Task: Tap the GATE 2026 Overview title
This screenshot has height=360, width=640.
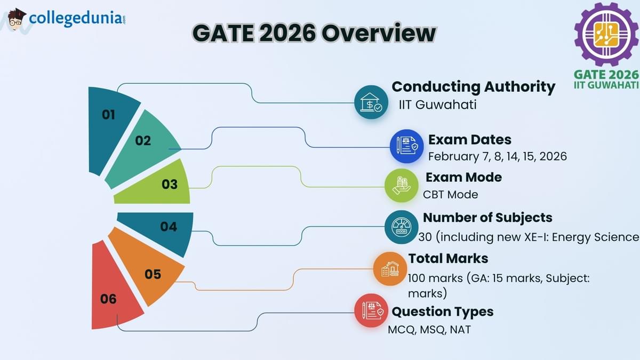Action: pos(314,34)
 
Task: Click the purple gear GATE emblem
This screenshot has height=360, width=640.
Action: pos(606,34)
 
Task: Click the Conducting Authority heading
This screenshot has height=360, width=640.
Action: pos(473,86)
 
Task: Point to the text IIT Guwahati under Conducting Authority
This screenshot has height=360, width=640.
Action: pos(437,105)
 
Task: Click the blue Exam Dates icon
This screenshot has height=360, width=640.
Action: pos(406,146)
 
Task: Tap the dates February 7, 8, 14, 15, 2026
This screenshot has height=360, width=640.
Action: pos(497,156)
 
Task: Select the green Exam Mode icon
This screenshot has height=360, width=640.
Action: pos(401,185)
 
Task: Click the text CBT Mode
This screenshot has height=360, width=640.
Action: pos(450,194)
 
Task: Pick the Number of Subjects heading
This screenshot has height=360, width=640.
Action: pos(487,218)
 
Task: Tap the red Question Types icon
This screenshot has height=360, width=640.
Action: pos(371,310)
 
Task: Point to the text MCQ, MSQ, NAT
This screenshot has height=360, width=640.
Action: pos(429,330)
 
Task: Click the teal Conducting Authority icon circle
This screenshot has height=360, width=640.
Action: pos(371,102)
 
